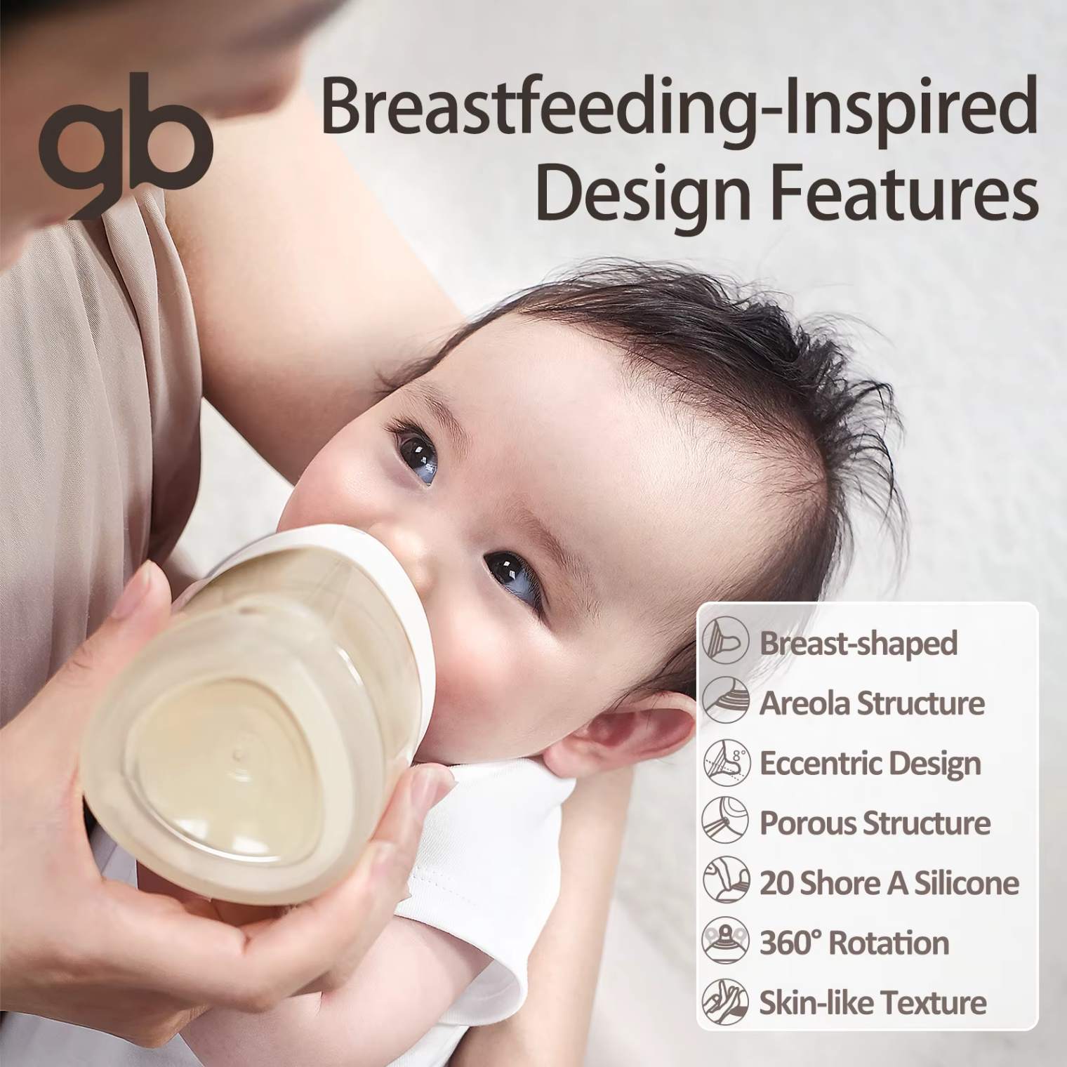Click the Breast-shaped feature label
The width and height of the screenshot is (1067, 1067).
pyautogui.click(x=859, y=642)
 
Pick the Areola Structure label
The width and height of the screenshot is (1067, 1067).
pyautogui.click(x=872, y=702)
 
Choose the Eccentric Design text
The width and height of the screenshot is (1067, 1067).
pyautogui.click(x=870, y=763)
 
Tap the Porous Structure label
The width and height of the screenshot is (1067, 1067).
pyautogui.click(x=875, y=822)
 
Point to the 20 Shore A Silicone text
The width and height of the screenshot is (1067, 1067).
pyautogui.click(x=889, y=882)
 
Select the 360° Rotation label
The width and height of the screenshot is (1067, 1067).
pyautogui.click(x=854, y=942)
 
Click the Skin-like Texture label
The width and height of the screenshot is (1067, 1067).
pyautogui.click(x=873, y=1002)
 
